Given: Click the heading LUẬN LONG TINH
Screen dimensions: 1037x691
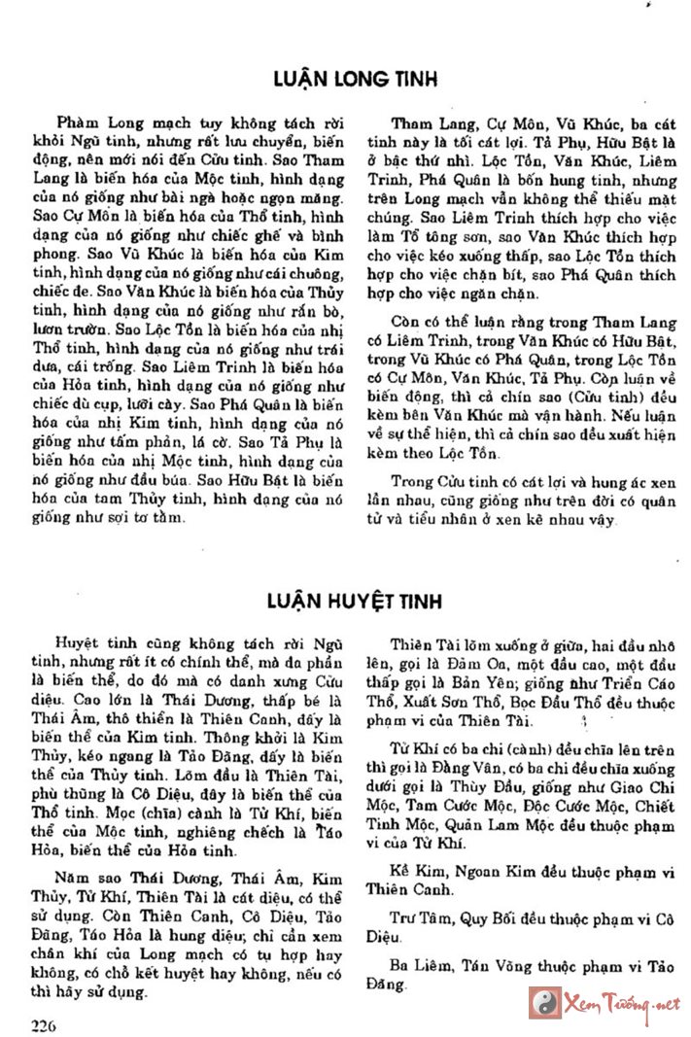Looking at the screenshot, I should click(x=355, y=77).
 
